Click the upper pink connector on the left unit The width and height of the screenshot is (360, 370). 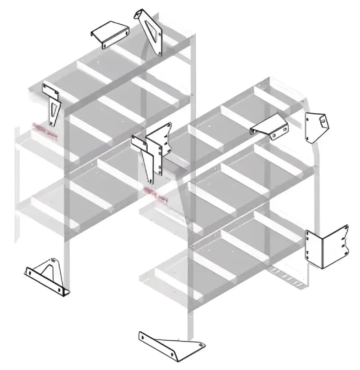point(47,131)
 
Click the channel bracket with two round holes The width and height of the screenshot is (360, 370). point(270,126)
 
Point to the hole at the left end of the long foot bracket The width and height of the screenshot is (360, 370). point(143,336)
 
